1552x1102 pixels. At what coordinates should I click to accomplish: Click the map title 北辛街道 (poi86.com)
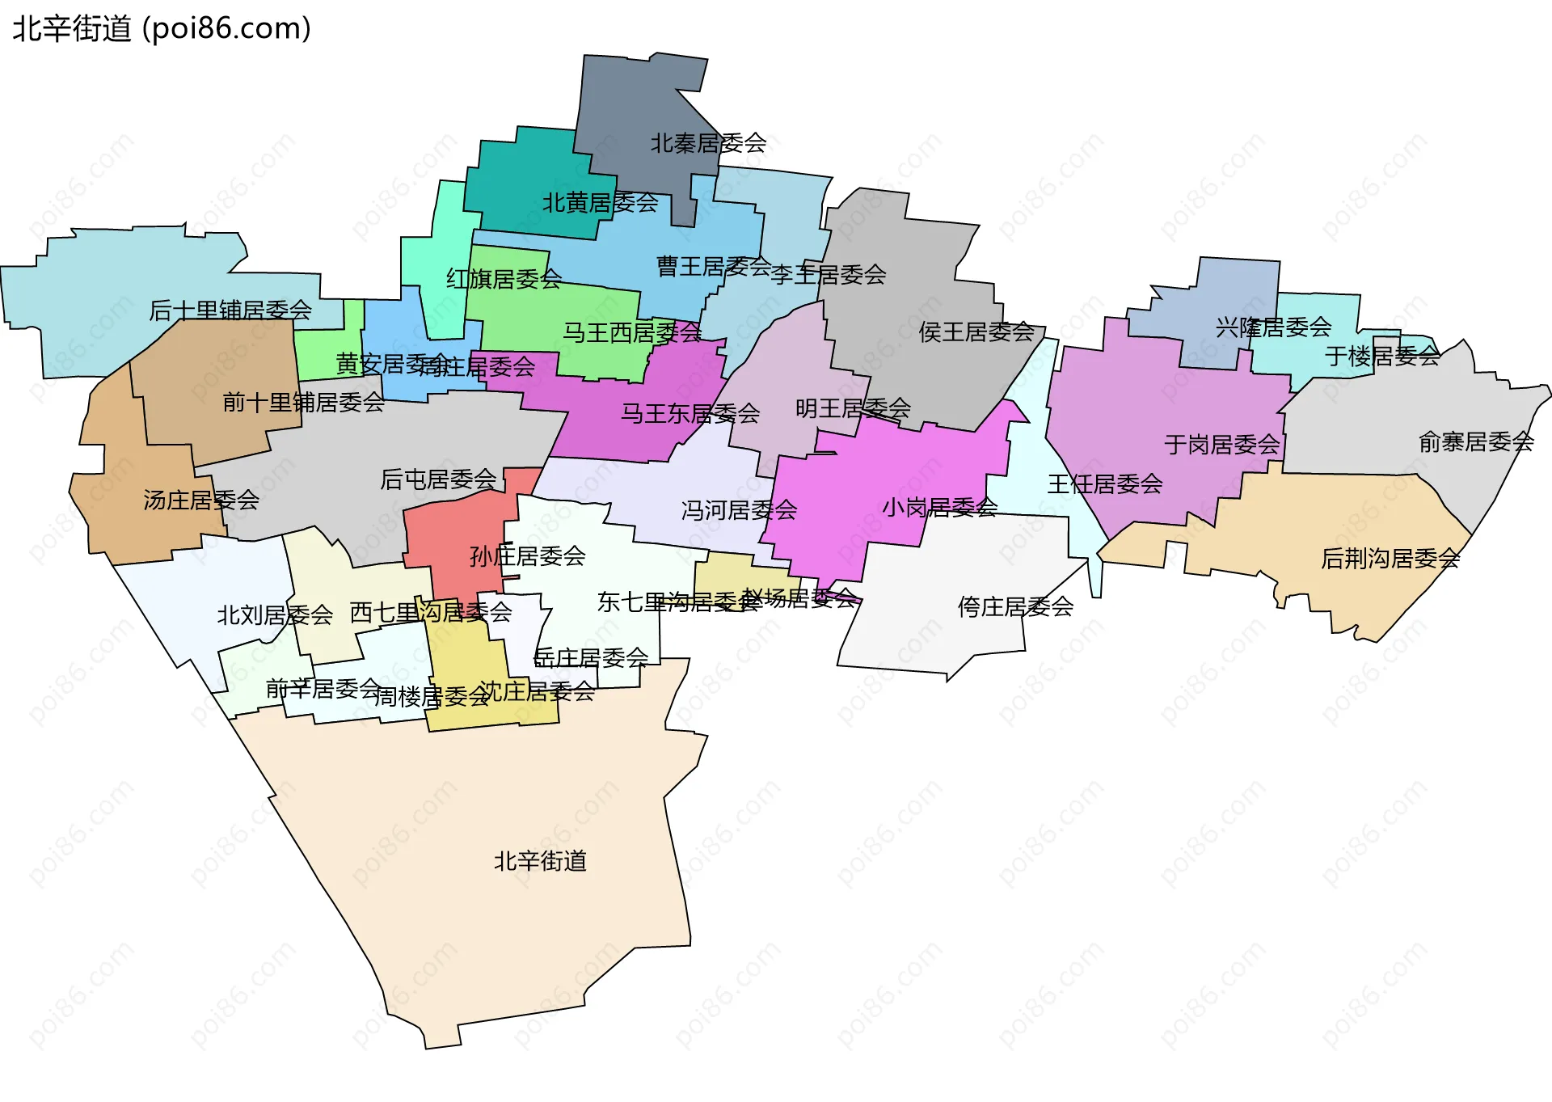[x=162, y=29]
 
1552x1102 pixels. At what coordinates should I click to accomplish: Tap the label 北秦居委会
[x=708, y=144]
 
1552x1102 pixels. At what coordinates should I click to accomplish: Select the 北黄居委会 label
[x=600, y=203]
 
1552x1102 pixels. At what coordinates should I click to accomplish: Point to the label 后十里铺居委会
[x=230, y=310]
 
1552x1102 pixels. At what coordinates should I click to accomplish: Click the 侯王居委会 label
[x=976, y=332]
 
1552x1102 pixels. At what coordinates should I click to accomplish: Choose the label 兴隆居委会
[x=1273, y=327]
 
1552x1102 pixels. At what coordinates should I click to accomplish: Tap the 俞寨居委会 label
[x=1476, y=442]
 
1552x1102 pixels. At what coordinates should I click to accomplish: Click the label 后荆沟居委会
[x=1390, y=559]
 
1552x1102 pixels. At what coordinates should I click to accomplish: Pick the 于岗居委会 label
[x=1222, y=445]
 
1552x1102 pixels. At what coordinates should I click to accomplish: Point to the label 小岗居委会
[x=939, y=508]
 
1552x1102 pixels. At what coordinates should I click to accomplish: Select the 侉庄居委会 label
[x=1015, y=607]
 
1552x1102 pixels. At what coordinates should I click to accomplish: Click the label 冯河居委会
[x=739, y=511]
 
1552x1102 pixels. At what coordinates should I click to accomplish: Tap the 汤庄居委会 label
[x=201, y=500]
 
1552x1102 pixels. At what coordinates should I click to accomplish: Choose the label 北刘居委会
[x=275, y=616]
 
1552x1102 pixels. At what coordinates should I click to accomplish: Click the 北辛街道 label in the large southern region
[x=540, y=862]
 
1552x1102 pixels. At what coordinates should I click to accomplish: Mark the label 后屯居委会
[x=438, y=480]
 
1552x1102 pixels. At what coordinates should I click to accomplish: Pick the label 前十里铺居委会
[x=303, y=403]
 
